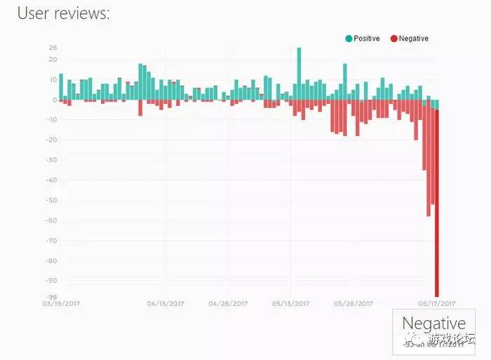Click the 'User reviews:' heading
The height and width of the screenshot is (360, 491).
tap(63, 13)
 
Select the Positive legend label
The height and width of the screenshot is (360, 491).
tap(367, 39)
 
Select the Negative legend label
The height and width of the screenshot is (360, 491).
tap(413, 39)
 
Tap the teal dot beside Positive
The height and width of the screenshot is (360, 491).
tap(349, 39)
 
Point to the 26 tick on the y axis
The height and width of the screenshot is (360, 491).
tap(53, 48)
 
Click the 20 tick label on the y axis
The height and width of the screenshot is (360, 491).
tap(53, 60)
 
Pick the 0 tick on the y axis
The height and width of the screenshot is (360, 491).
tap(55, 100)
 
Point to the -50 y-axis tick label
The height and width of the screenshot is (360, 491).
tap(52, 201)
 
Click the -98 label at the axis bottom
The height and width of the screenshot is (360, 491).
tap(52, 298)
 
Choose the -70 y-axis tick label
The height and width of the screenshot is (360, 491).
tap(52, 241)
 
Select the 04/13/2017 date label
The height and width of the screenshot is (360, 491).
tap(166, 305)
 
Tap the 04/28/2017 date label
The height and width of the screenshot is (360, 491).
tap(228, 305)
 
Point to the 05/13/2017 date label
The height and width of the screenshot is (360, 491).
tap(290, 305)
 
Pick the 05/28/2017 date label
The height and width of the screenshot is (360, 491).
tap(354, 305)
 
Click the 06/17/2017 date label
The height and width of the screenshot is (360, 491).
tap(436, 305)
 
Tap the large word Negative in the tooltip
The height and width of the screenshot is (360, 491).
tap(433, 324)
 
